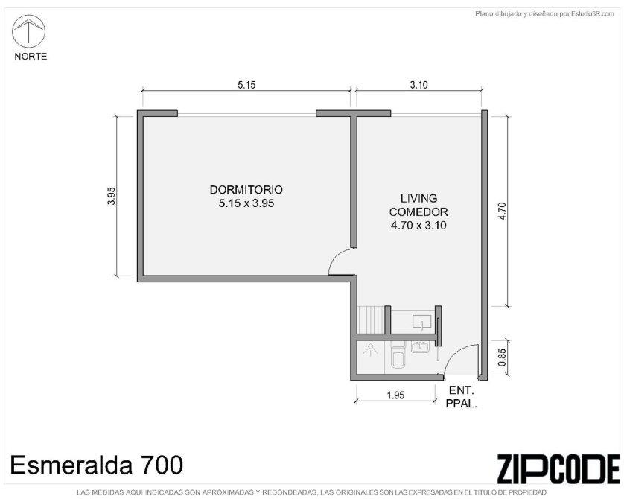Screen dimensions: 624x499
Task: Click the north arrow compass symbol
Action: pyautogui.click(x=28, y=31)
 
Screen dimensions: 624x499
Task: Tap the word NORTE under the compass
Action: pyautogui.click(x=31, y=57)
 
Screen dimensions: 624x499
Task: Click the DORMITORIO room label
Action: pyautogui.click(x=246, y=189)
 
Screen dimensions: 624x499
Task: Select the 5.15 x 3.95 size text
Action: pyautogui.click(x=246, y=203)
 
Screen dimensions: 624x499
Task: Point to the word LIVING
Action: pyautogui.click(x=418, y=198)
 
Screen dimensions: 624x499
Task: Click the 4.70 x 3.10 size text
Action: pyautogui.click(x=418, y=226)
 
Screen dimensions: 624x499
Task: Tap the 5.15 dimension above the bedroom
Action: pyautogui.click(x=246, y=85)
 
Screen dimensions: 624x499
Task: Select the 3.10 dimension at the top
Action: pyautogui.click(x=418, y=85)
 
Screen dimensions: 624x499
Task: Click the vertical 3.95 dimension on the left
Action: pyautogui.click(x=112, y=196)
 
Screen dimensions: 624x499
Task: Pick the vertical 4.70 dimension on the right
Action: pyautogui.click(x=502, y=212)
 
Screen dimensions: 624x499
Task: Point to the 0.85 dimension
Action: pyautogui.click(x=502, y=357)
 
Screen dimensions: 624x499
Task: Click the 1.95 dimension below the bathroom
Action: pyautogui.click(x=395, y=395)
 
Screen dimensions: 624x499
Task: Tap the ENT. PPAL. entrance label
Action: pyautogui.click(x=461, y=397)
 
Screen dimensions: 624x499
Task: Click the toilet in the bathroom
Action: pyautogui.click(x=398, y=355)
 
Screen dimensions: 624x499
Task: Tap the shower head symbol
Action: pyautogui.click(x=371, y=350)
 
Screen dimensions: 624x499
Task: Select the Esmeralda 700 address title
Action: pyautogui.click(x=97, y=465)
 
